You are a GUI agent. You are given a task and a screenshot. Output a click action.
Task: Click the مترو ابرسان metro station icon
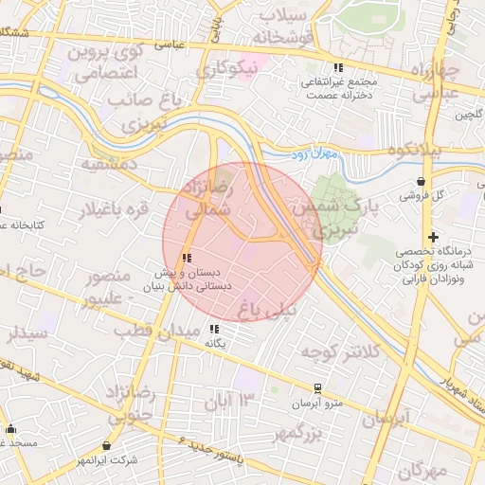317,388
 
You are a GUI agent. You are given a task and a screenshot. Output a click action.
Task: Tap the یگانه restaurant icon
212,329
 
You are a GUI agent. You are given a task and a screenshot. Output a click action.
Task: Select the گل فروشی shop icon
421,182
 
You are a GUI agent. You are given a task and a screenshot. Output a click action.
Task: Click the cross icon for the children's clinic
433,237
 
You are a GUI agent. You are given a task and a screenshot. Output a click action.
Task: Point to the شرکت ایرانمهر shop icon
107,445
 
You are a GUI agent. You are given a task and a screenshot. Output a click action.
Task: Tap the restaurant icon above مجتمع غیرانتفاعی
338,67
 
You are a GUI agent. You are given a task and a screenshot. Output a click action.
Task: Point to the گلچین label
470,116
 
